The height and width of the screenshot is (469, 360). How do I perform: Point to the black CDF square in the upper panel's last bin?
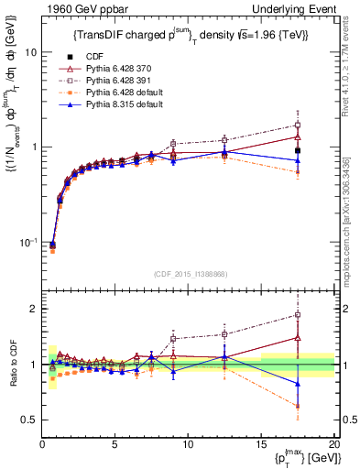coord(322,150)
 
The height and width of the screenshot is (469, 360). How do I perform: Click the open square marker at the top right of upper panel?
coord(322,125)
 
